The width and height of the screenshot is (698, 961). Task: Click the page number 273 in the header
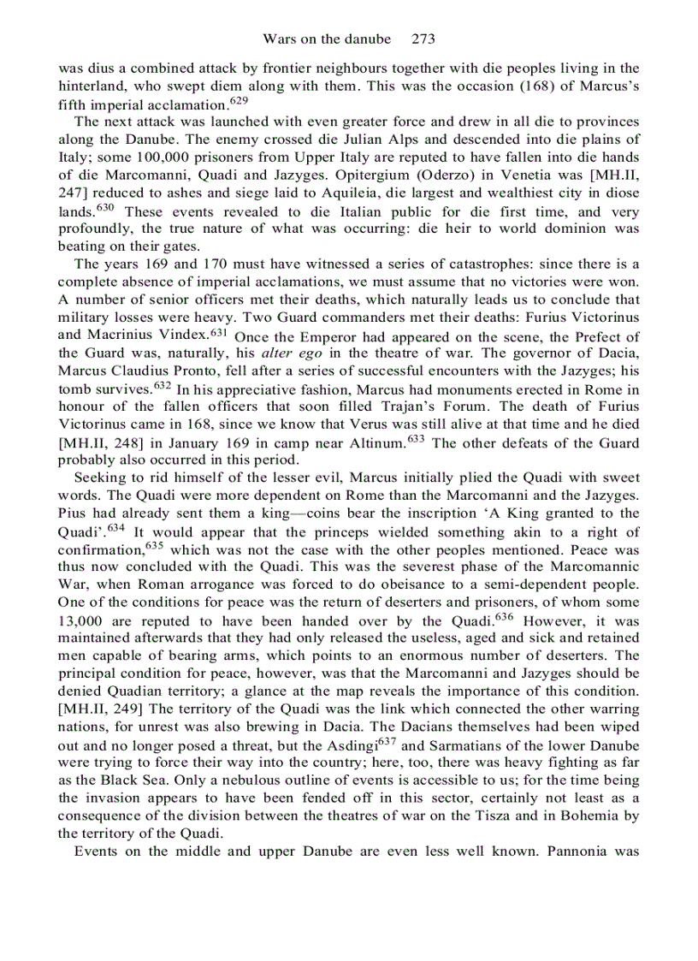click(x=423, y=39)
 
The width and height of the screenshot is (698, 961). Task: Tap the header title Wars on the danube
click(x=327, y=39)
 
